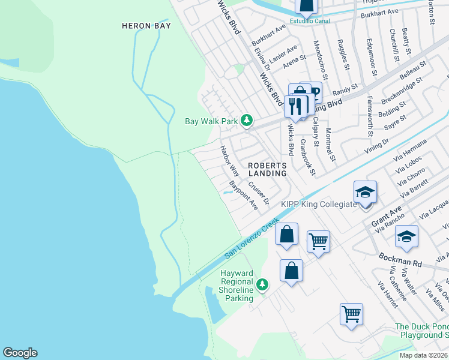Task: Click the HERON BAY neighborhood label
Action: (x=146, y=26)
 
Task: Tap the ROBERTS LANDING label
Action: (x=267, y=169)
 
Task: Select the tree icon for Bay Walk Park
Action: (x=246, y=121)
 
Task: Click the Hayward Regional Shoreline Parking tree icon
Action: (x=262, y=284)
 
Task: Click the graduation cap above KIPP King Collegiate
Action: (x=365, y=193)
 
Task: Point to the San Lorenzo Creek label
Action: (x=252, y=239)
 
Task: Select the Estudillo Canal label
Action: (x=310, y=21)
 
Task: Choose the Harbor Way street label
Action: (x=229, y=160)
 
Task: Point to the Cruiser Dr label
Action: (x=259, y=193)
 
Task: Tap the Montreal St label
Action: (x=329, y=144)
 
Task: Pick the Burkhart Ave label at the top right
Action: (x=384, y=11)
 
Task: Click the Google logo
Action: (x=20, y=353)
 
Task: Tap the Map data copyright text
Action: (x=424, y=355)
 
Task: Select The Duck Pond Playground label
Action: (x=421, y=331)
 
